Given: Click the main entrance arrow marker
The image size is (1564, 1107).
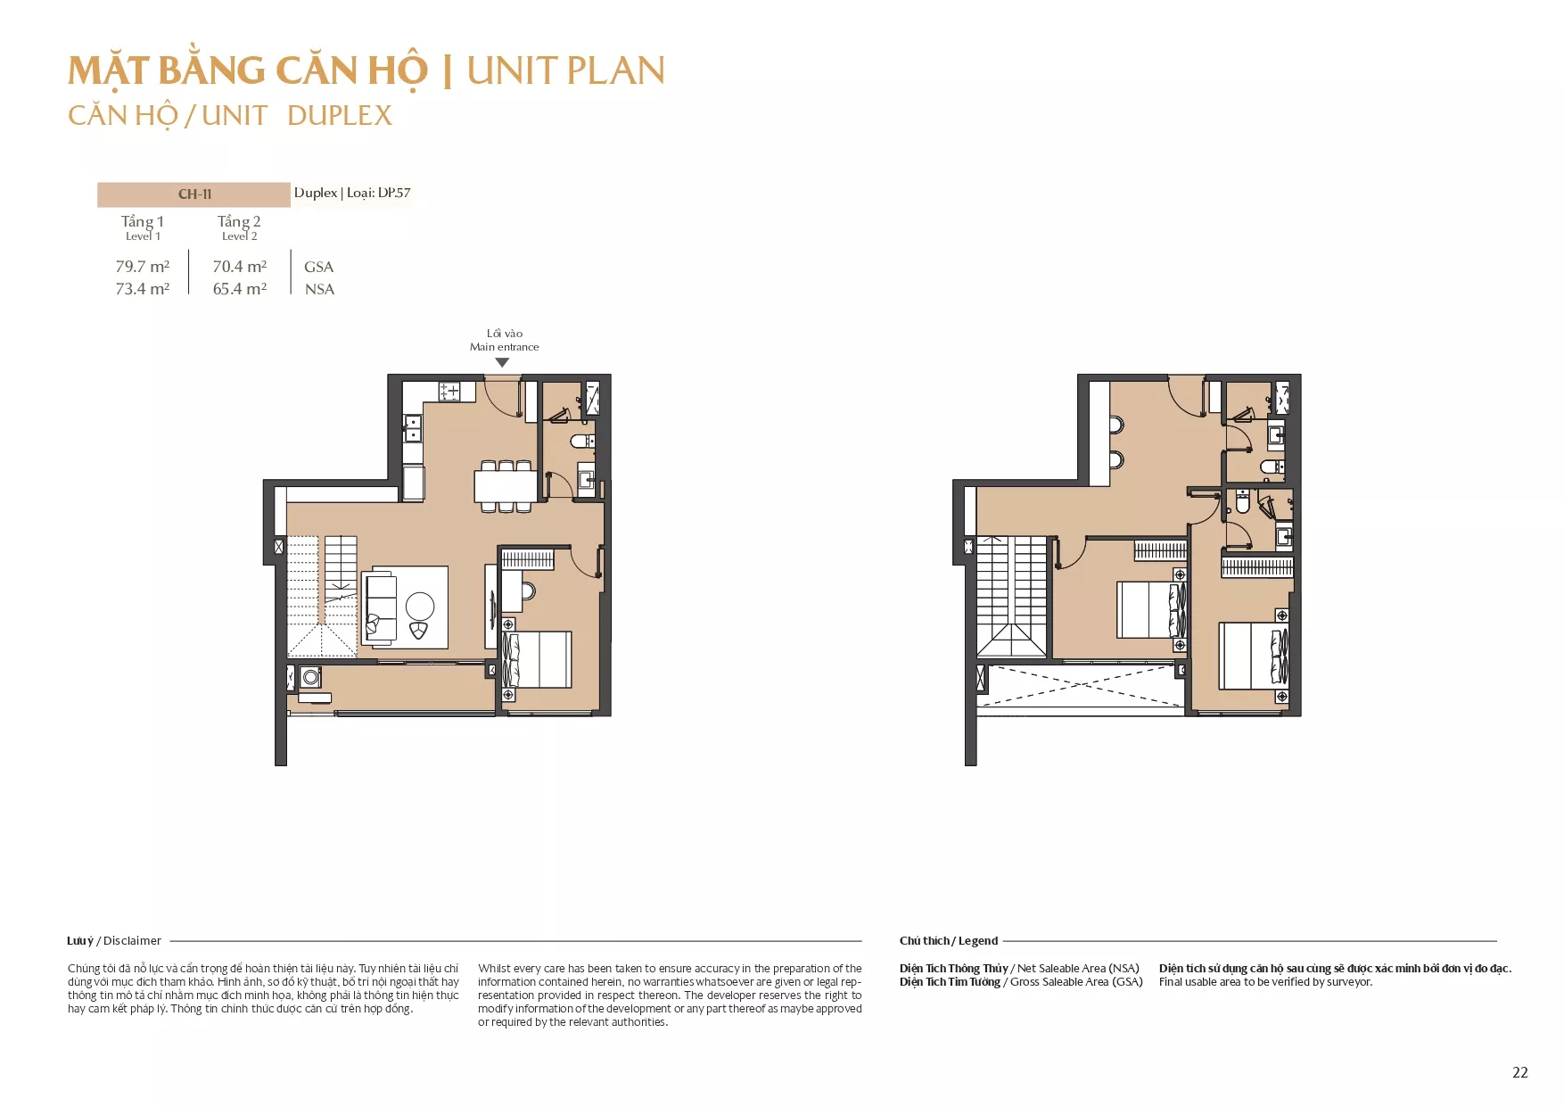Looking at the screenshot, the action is [502, 363].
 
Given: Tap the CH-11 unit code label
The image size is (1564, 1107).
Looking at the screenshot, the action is [194, 194].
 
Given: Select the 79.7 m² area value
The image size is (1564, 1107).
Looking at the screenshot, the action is [143, 266].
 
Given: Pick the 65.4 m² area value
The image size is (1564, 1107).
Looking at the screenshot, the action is [240, 288].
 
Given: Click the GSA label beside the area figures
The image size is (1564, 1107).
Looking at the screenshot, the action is [318, 267].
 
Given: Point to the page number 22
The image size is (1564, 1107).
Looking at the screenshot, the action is [1520, 1072].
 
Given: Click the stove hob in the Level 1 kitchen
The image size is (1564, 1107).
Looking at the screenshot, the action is [449, 391].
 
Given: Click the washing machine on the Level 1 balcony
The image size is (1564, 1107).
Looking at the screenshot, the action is [310, 677].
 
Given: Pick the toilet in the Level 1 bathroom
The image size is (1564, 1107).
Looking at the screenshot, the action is [581, 441].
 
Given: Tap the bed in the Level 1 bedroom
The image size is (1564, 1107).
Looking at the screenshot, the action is [536, 659].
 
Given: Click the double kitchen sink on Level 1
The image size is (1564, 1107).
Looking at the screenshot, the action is [412, 428].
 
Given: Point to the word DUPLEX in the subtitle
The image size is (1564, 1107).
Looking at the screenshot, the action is [340, 115].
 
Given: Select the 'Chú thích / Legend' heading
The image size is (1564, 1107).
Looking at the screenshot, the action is [949, 940].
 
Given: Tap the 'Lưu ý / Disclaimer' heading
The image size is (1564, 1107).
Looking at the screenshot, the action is [114, 940].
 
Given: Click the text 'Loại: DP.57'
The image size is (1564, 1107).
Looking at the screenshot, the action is [379, 193].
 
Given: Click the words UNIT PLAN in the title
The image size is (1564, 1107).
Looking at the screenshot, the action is [566, 71].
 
